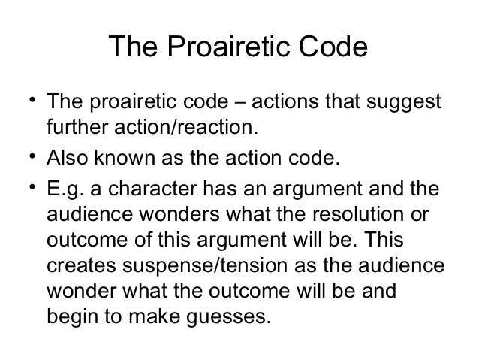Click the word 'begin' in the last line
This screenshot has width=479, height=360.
point(71,316)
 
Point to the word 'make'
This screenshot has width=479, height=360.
point(149,316)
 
